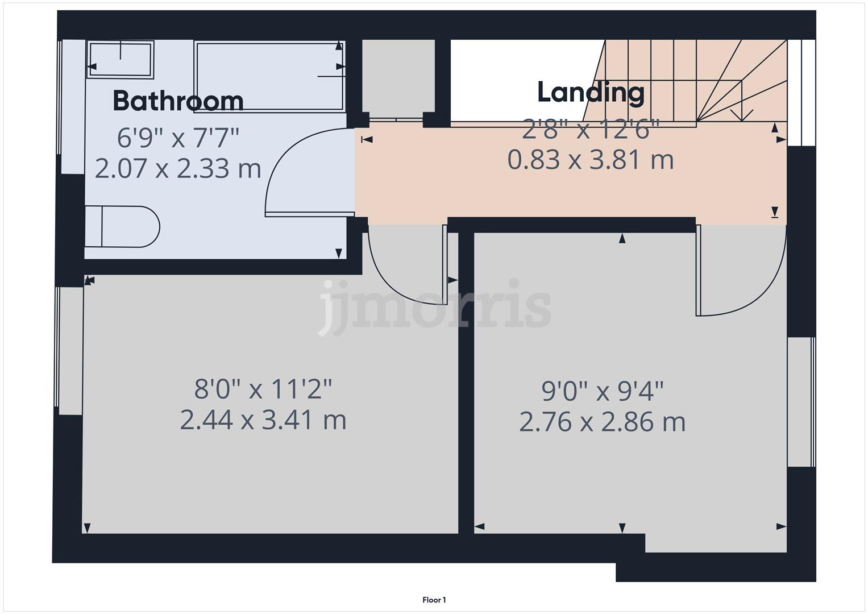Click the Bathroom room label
tap(178, 101)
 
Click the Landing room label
tap(591, 92)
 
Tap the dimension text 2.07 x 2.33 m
tap(178, 168)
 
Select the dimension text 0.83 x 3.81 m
tap(591, 160)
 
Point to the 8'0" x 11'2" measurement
tap(263, 389)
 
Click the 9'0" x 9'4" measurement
tap(603, 391)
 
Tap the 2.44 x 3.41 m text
tap(263, 421)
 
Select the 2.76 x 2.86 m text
tap(603, 422)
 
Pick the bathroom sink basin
tap(120, 59)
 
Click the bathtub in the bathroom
tap(269, 76)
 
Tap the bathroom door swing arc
tap(296, 165)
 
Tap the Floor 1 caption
tap(434, 600)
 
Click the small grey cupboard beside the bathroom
tap(398, 77)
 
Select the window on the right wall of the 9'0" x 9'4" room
tap(801, 402)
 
